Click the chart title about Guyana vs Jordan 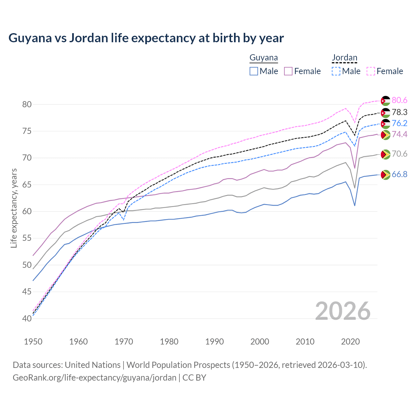coord(146,38)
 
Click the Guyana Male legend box coord(254,71)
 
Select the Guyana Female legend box coord(289,71)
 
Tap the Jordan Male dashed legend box coord(336,71)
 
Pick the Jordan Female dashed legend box coord(371,71)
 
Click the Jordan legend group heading coord(344,58)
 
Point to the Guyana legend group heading coord(264,58)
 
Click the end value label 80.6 coord(399,100)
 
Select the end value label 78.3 coord(399,112)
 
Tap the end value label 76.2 coord(399,123)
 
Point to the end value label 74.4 coord(399,135)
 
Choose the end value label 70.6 coord(399,154)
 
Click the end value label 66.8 coord(399,175)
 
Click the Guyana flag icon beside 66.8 coord(385,175)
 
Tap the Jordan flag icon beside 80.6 coord(385,101)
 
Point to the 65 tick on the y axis coord(27,185)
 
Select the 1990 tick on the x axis coord(214,342)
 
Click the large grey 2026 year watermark coord(343,311)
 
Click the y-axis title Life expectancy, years coord(14,208)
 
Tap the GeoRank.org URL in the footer coord(94,378)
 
